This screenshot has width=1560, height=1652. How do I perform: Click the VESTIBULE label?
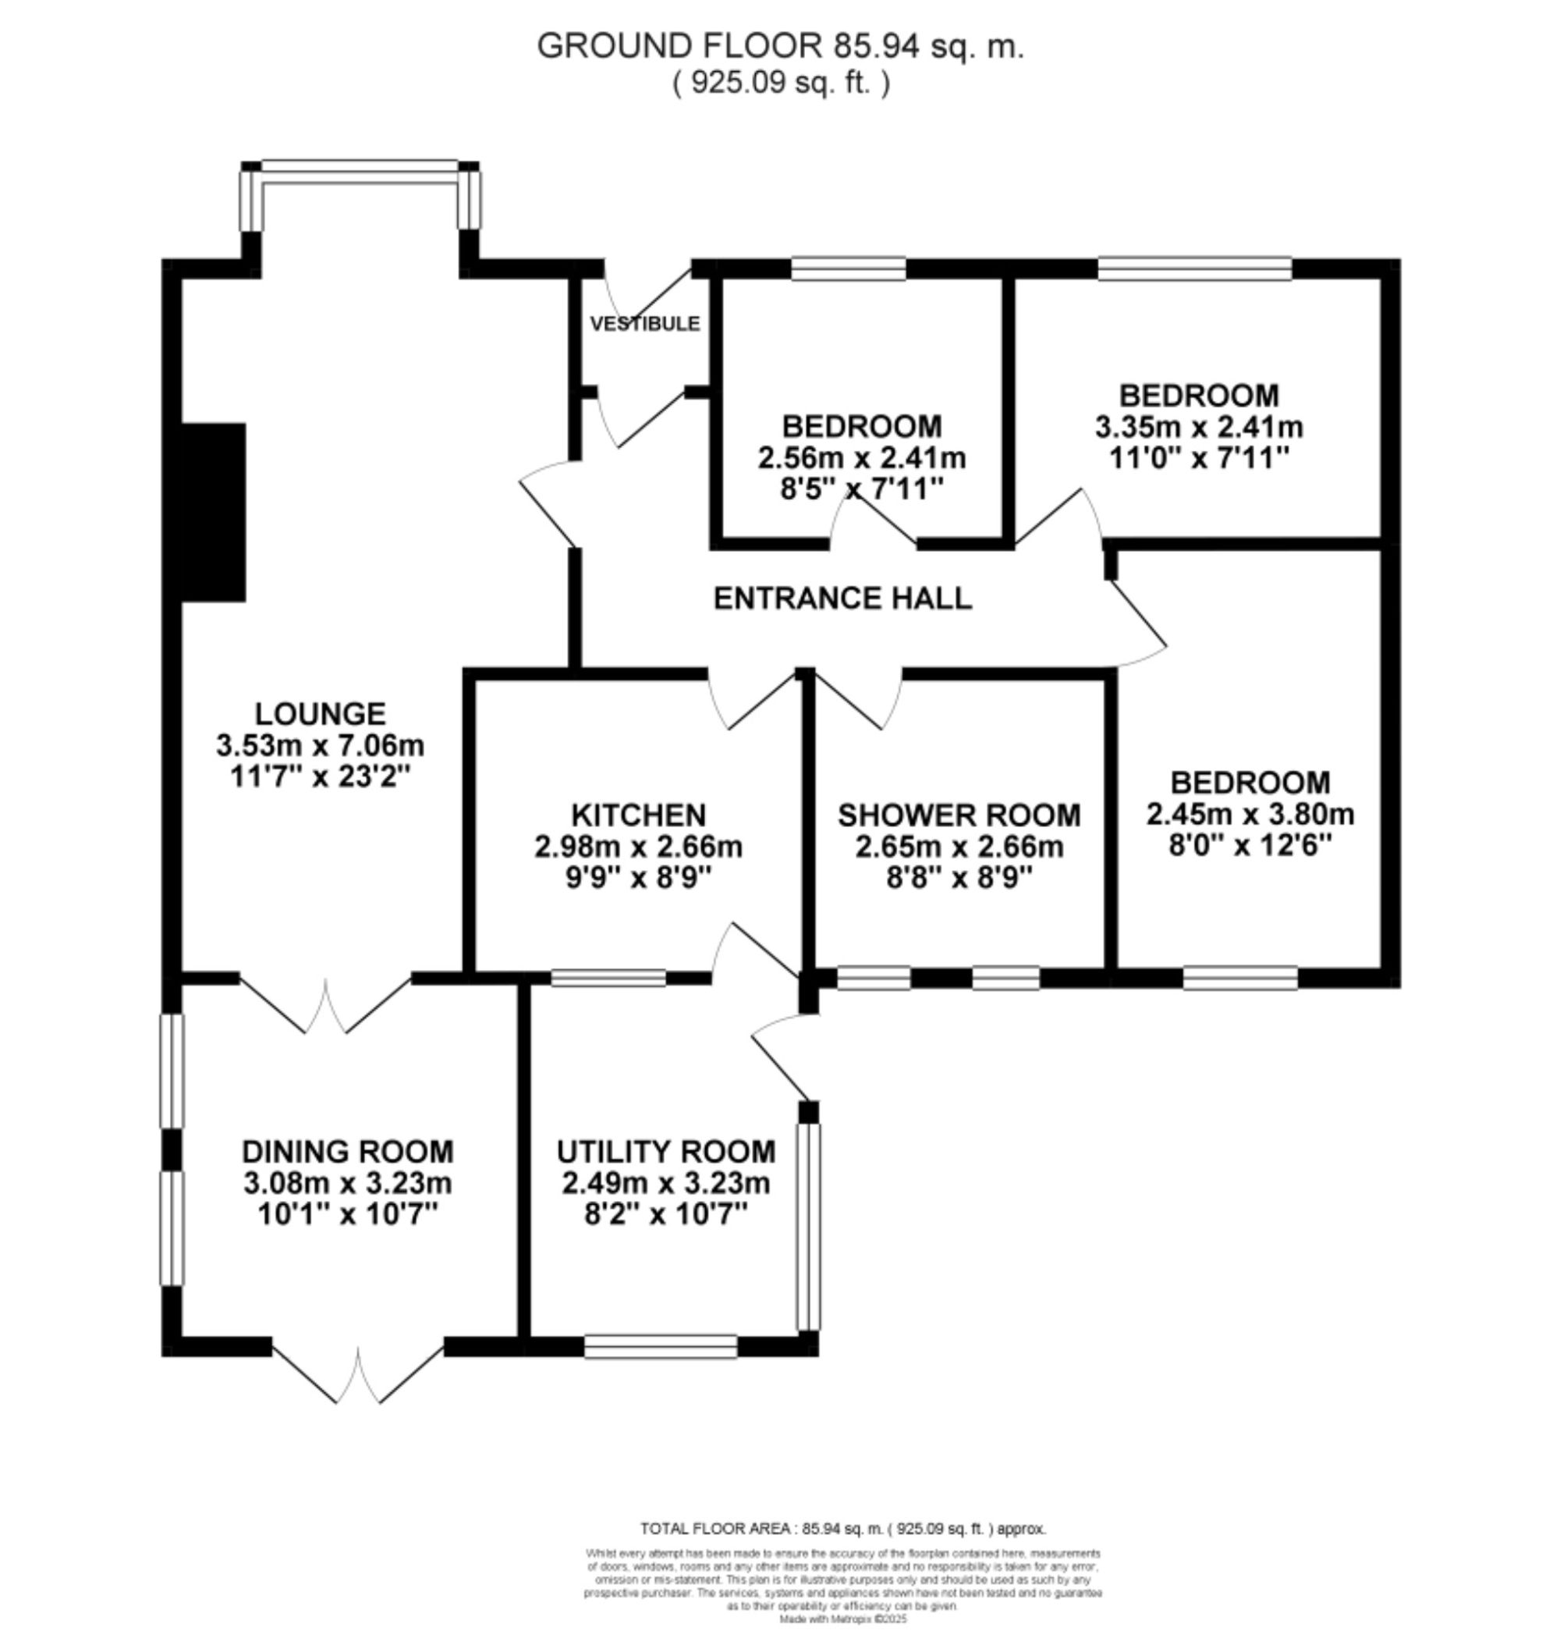tap(644, 323)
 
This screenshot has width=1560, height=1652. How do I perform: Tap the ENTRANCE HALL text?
tap(842, 598)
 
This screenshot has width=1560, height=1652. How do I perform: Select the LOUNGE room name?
tap(320, 714)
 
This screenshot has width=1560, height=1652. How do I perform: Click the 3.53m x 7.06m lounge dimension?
tap(320, 745)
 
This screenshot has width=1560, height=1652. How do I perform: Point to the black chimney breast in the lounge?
tap(213, 512)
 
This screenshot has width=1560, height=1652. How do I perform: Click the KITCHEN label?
tap(639, 815)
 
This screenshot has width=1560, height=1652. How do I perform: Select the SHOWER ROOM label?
tap(959, 815)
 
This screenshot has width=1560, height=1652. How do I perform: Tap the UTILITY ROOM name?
tap(665, 1151)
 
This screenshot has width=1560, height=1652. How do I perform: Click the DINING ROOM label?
tap(348, 1151)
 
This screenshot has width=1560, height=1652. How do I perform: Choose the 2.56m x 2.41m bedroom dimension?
tap(861, 457)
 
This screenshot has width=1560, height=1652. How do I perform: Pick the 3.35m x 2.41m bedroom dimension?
tap(1198, 427)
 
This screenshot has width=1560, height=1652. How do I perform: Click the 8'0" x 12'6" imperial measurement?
tap(1249, 846)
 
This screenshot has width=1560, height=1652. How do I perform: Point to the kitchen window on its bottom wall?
tap(608, 979)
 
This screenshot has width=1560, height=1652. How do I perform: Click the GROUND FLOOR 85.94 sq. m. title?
tap(780, 46)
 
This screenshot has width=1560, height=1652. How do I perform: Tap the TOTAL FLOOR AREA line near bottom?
tap(842, 1529)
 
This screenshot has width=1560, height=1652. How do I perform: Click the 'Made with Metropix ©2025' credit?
tap(842, 1619)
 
